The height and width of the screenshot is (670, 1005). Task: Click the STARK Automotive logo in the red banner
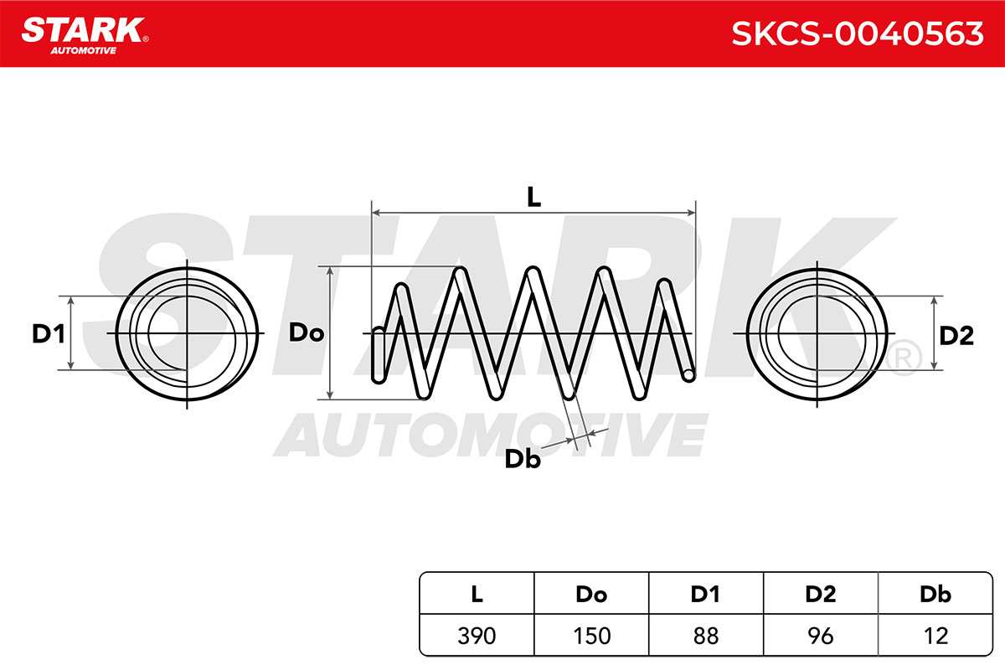(85, 36)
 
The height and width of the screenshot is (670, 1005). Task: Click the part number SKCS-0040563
(858, 33)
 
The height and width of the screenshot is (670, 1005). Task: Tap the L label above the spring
(533, 197)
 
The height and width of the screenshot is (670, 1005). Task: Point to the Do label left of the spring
(306, 332)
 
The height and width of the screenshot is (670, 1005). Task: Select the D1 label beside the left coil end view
(49, 334)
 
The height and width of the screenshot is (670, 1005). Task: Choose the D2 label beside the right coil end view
(956, 335)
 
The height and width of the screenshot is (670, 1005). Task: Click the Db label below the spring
(523, 459)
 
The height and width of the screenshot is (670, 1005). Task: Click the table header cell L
(477, 594)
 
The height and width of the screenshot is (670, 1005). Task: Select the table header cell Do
(591, 594)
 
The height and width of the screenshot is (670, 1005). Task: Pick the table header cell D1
(705, 594)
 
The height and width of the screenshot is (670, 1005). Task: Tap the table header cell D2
(821, 594)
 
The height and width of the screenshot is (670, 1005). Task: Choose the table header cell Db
(935, 594)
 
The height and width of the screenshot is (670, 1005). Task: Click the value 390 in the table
(477, 636)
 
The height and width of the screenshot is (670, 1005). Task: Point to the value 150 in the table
(592, 636)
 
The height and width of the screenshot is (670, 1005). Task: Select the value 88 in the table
(706, 636)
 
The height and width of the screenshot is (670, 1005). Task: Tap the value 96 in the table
(821, 636)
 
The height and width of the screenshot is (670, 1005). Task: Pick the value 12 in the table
(936, 636)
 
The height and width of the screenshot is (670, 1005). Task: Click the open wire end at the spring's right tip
(688, 374)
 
